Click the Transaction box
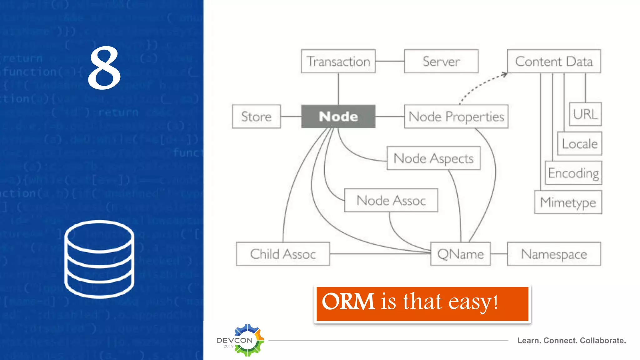click(338, 61)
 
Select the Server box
click(441, 61)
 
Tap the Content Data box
click(554, 61)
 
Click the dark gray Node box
click(338, 117)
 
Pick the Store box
click(256, 117)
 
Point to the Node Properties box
click(456, 117)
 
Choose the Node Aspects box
click(433, 158)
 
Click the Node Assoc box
click(391, 200)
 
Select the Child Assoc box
click(283, 254)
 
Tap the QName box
click(460, 254)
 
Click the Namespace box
click(554, 254)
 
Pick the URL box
click(585, 114)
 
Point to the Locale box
click(580, 144)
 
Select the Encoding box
click(573, 173)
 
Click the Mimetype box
click(568, 202)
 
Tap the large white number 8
click(104, 68)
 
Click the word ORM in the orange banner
click(348, 302)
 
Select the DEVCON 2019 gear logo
click(247, 340)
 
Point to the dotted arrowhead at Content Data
click(504, 74)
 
